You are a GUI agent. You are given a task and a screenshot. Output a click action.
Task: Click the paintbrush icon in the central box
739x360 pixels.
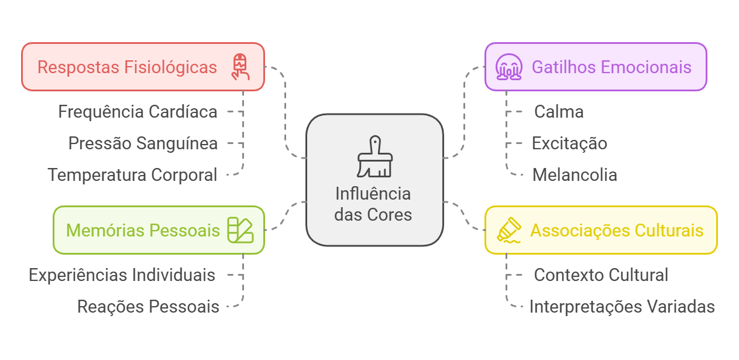(x=374, y=157)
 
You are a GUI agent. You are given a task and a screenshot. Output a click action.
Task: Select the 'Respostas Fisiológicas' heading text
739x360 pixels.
(x=127, y=67)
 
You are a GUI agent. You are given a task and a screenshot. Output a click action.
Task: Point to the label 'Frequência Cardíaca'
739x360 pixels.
(x=138, y=111)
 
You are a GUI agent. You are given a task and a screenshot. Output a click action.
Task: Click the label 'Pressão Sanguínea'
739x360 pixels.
(x=143, y=143)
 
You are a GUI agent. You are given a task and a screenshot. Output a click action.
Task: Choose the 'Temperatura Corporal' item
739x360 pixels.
(x=133, y=174)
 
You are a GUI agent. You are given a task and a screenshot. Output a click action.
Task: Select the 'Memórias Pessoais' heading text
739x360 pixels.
(x=143, y=230)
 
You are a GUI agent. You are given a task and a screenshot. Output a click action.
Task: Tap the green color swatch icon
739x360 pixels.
(x=240, y=230)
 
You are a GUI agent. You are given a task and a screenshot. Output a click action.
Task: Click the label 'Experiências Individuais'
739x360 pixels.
(x=122, y=275)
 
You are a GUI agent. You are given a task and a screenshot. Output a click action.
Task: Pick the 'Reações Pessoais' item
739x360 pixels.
(x=148, y=306)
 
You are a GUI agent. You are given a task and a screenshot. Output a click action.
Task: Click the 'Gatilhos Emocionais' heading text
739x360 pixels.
(x=611, y=67)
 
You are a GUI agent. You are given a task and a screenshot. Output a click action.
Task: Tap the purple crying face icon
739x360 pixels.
(x=508, y=67)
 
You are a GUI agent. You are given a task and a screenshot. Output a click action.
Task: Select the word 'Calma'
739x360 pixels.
(x=559, y=111)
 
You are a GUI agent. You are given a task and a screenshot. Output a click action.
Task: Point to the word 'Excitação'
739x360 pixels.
(x=569, y=143)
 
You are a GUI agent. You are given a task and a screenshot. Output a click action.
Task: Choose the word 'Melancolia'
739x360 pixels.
(x=575, y=174)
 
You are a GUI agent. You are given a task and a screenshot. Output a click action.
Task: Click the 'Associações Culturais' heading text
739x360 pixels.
(x=617, y=230)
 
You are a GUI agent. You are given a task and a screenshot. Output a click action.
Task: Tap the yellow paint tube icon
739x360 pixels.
(x=508, y=230)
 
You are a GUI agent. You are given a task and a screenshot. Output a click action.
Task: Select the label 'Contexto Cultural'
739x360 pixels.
(x=601, y=275)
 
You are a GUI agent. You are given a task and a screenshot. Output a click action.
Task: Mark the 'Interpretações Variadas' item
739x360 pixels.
(x=622, y=306)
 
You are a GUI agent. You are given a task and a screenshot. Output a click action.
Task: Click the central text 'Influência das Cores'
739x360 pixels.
(x=373, y=204)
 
